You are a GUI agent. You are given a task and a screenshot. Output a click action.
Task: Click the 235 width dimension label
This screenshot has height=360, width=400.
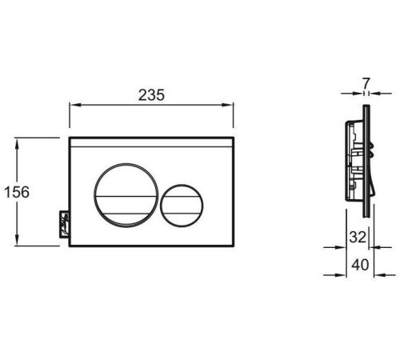151,95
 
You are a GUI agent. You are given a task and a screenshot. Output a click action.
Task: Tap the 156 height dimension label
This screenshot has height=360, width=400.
17,192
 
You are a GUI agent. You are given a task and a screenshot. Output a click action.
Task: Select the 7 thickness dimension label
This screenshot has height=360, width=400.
366,83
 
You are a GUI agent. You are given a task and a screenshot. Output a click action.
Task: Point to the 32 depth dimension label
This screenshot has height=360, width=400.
358,237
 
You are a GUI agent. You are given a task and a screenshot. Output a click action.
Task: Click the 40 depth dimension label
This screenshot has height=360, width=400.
360,265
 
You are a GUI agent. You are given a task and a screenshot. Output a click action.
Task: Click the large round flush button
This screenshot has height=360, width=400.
126,195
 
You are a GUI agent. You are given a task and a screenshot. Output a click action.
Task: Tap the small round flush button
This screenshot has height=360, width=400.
182,206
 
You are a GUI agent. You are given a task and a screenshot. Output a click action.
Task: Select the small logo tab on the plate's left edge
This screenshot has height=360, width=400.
64,224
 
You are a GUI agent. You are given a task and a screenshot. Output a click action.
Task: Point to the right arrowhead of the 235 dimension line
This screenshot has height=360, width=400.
228,105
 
